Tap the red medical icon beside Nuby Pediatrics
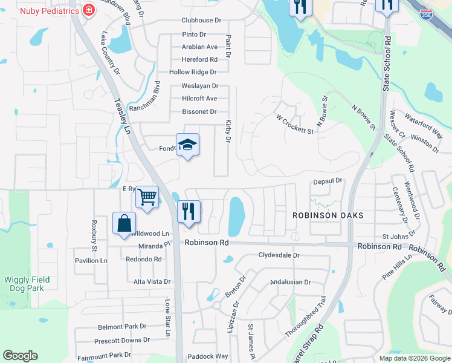click(89, 10)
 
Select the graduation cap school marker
click(188, 145)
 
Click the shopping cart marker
click(147, 197)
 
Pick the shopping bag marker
click(124, 223)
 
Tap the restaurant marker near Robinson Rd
click(189, 212)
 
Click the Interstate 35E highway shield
click(427, 13)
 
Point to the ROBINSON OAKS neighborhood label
click(328, 215)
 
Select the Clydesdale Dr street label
click(279, 255)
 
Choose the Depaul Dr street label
click(328, 181)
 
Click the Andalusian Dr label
click(290, 282)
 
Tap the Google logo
click(20, 356)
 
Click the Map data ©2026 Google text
click(414, 358)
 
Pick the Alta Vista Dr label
click(152, 282)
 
